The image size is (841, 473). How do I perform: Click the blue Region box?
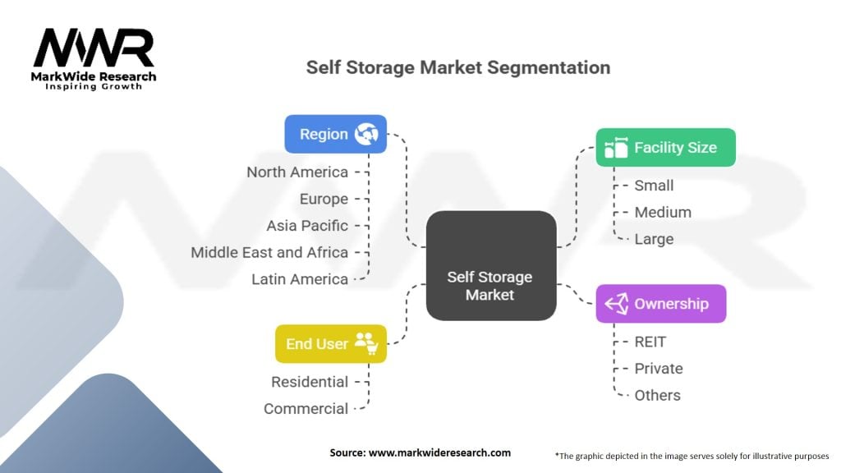pos(335,134)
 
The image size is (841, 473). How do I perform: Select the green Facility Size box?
pos(665,148)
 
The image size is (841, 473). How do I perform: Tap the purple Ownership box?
pos(661,304)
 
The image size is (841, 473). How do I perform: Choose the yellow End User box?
pos(330,343)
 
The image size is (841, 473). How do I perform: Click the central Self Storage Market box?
pos(490,286)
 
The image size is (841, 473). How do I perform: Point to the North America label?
pos(297,172)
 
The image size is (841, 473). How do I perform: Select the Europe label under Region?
pos(324,199)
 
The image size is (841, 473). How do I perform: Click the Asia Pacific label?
pos(307,225)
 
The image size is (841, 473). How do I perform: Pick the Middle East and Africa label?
pos(269,252)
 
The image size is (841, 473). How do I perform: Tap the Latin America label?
pos(300,279)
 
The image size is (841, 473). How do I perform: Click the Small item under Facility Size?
pos(654,186)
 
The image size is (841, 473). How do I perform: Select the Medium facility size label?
pos(663,212)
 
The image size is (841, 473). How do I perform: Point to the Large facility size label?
pos(654,239)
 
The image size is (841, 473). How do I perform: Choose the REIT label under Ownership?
pos(650,342)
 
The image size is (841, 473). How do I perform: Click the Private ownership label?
pos(659,368)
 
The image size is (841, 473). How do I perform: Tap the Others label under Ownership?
pos(657,395)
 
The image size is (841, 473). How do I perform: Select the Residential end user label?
pos(310,382)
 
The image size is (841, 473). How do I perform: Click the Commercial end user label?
pos(306,408)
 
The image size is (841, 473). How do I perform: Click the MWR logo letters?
pos(94,48)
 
